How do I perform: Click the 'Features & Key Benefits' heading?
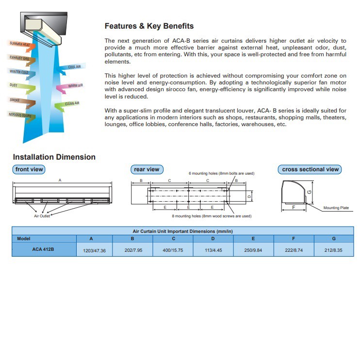(x=149, y=26)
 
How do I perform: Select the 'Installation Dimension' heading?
(x=54, y=157)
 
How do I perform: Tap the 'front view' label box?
(x=29, y=169)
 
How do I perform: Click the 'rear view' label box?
(x=146, y=169)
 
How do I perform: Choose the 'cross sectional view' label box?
(x=311, y=169)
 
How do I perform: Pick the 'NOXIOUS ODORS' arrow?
(x=22, y=115)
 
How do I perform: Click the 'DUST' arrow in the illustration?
(x=19, y=86)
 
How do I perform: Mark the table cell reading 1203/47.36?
(x=95, y=251)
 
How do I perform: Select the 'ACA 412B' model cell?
(x=44, y=249)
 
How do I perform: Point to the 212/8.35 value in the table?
(x=334, y=251)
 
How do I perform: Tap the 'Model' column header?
(x=24, y=238)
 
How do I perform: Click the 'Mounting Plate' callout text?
(x=336, y=208)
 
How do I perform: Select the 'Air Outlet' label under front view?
(x=42, y=216)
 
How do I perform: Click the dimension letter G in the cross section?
(x=310, y=192)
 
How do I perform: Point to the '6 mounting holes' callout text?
(x=221, y=173)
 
